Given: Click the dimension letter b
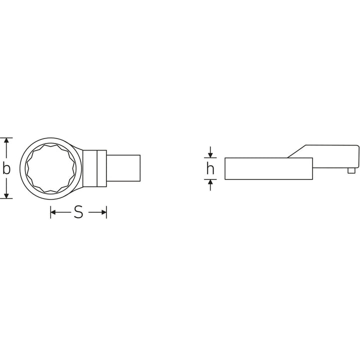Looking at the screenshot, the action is pyautogui.click(x=6, y=168).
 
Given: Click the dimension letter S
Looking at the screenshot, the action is pyautogui.click(x=78, y=212).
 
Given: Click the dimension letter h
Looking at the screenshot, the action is pyautogui.click(x=210, y=168).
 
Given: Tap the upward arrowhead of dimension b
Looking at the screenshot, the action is pyautogui.click(x=6, y=140).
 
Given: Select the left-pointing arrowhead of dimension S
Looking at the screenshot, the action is pyautogui.click(x=53, y=212).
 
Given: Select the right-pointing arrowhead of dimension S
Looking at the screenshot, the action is pyautogui.click(x=104, y=212).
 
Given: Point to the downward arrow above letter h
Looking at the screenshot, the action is pyautogui.click(x=210, y=152).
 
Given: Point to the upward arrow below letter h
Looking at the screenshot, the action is pyautogui.click(x=210, y=185).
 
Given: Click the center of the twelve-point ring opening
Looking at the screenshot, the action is pyautogui.click(x=51, y=168).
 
